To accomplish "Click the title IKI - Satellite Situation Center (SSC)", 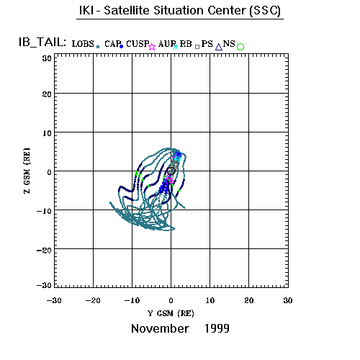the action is [180, 11].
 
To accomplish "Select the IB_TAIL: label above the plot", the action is [42, 42].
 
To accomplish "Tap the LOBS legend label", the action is [83, 44].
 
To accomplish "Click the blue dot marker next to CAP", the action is [121, 46].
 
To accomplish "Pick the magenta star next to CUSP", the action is [152, 47].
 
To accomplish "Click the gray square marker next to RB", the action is [197, 47].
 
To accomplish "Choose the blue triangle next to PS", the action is [219, 47].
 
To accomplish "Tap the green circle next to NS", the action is [240, 47].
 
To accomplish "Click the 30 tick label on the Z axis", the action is [47, 58].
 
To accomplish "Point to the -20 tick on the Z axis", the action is [44, 251].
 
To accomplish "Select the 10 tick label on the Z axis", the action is [47, 133].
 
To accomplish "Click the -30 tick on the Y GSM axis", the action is [54, 300].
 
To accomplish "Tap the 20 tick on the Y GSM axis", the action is [249, 300].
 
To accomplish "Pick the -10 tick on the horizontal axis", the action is [132, 300].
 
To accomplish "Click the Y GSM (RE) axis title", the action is [171, 313].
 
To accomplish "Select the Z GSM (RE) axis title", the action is [27, 171].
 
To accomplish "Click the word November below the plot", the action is [160, 328].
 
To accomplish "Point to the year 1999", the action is [217, 328].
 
